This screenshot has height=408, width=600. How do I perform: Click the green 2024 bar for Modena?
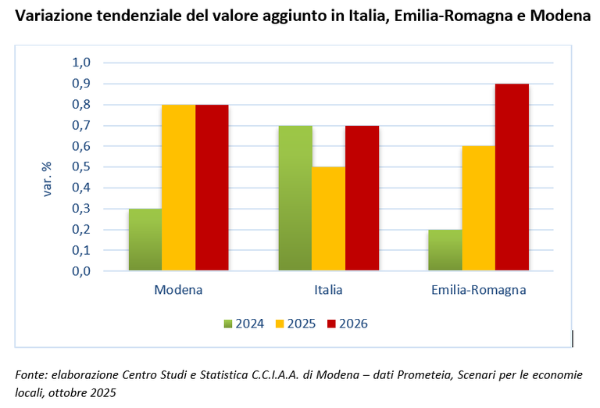pos(145,240)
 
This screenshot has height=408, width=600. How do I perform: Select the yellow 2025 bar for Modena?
pos(178,188)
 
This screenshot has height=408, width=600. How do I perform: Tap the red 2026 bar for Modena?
pos(212,188)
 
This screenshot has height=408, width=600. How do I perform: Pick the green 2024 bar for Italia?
pos(295,199)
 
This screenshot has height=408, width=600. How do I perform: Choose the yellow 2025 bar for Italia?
pos(328,219)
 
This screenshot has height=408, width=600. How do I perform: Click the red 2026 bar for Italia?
pos(362,199)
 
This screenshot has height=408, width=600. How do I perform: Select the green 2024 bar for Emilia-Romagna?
pos(445,250)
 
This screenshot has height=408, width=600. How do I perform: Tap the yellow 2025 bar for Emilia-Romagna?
pos(478,209)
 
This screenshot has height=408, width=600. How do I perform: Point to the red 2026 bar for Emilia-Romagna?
pos(512,177)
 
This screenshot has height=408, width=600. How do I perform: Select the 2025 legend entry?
pos(295,324)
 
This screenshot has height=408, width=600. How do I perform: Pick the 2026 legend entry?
pos(347,324)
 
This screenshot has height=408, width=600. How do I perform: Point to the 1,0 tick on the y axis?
pos(82,63)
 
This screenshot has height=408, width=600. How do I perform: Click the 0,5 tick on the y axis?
pos(82,166)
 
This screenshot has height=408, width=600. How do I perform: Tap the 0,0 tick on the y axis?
pos(82,271)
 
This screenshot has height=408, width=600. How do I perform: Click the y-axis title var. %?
pos(47,179)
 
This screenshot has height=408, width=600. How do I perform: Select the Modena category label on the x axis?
pos(178,290)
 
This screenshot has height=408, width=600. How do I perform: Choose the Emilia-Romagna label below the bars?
pos(478,290)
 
